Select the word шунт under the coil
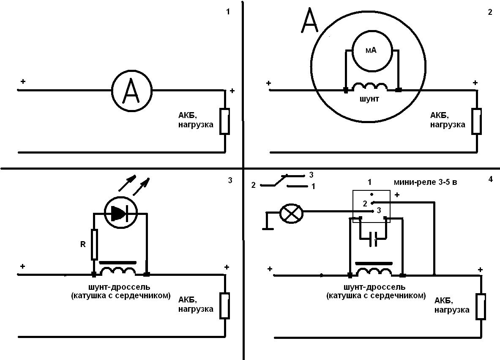[x=369, y=99]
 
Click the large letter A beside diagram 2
[x=309, y=20]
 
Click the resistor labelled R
[x=94, y=244]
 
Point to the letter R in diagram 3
[x=83, y=245]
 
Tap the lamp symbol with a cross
[x=291, y=213]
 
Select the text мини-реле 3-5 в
[x=425, y=182]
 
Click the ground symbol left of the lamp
[x=267, y=222]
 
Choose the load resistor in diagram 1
[x=225, y=121]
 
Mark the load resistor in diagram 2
[x=477, y=121]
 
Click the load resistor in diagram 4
[x=481, y=306]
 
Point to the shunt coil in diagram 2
[x=370, y=86]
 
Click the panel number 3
[x=230, y=180]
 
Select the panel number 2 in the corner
[x=490, y=13]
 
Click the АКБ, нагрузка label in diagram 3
[x=196, y=304]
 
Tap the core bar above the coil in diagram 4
[x=374, y=264]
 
